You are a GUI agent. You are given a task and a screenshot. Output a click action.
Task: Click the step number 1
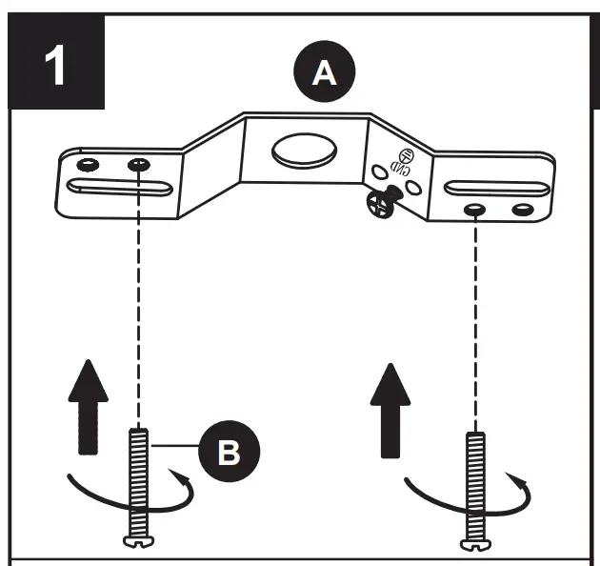pos(56,66)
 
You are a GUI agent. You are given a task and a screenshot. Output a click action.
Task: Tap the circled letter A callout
pos(326,72)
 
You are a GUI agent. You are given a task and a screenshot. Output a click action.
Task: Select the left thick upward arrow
pos(87,403)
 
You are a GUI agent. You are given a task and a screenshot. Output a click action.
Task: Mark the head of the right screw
pos(474,544)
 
